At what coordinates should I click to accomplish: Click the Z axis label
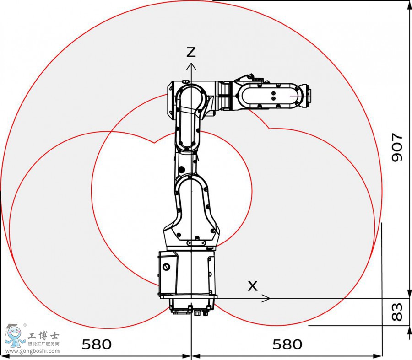point(191,52)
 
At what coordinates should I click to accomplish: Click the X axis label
point(252,286)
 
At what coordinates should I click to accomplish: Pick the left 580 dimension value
point(97,344)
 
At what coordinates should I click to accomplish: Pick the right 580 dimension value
point(287,344)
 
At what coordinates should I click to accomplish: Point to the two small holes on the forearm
point(273,96)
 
